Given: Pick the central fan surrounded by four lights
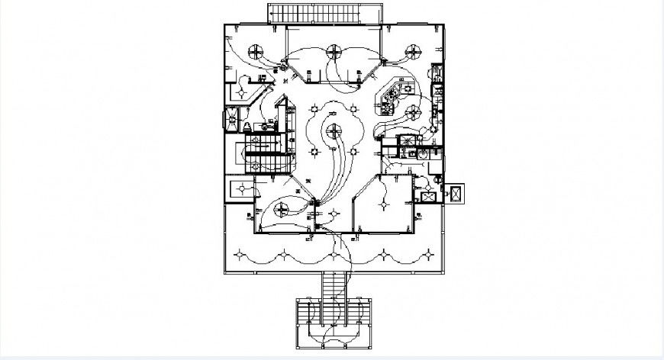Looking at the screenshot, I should tap(334, 132).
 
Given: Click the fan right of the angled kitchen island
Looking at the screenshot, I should tap(413, 113).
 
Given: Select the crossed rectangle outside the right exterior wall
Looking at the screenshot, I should tap(456, 194).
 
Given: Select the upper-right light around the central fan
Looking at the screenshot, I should tap(355, 111).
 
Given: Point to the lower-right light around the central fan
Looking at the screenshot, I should tap(355, 153).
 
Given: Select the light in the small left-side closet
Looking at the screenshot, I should tap(242, 186).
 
